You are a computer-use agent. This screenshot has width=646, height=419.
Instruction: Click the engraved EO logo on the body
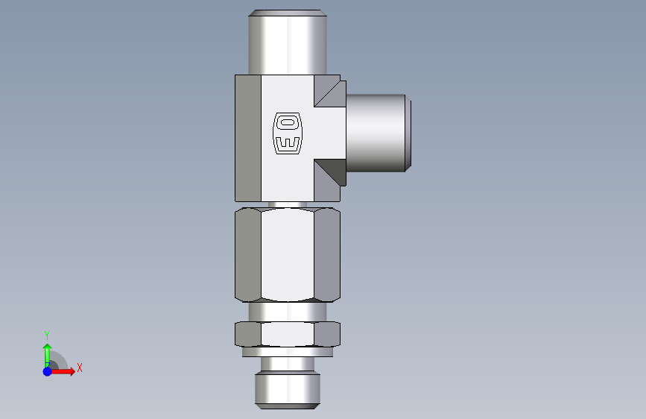click(288, 133)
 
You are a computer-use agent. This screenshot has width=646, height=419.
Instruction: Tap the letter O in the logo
click(288, 122)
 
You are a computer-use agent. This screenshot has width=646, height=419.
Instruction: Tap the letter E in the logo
click(288, 142)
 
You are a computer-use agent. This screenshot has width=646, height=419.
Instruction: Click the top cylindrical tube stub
click(288, 42)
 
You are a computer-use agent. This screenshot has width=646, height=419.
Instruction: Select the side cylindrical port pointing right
click(379, 133)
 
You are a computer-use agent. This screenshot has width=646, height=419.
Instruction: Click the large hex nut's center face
click(288, 254)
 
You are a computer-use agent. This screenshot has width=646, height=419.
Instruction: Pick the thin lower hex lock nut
click(288, 334)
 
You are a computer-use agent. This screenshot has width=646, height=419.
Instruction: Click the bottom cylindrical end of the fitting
click(288, 390)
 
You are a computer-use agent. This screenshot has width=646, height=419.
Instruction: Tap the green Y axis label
click(47, 335)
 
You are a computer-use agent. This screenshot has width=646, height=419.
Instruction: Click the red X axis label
click(80, 368)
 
